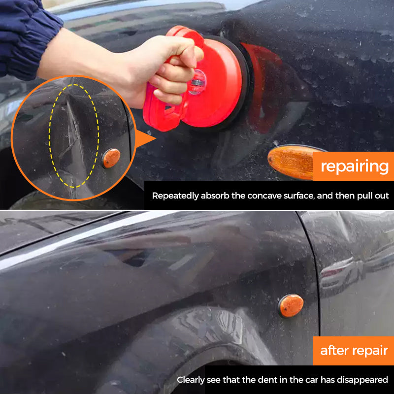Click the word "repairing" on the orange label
tap(355, 166)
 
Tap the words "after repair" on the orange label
tap(354, 350)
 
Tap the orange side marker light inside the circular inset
tap(111, 158)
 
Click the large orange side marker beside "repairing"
tap(291, 163)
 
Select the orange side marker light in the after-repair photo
tap(291, 305)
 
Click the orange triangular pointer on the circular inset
tap(144, 138)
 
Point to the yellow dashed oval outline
tap(50, 136)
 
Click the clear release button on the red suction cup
tap(197, 82)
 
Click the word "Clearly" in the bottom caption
tap(191, 380)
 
